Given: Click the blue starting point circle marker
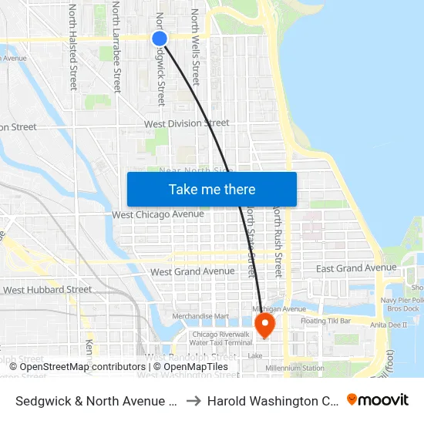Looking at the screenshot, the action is [x=160, y=39].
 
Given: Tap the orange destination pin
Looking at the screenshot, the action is [x=264, y=324].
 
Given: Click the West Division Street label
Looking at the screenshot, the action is [x=187, y=123].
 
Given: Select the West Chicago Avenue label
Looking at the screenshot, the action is [x=158, y=214].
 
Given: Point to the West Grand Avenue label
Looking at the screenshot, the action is [x=192, y=271].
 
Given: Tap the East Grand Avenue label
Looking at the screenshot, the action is [x=356, y=268].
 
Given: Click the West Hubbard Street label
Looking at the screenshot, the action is [x=48, y=290].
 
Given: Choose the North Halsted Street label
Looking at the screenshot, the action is [x=73, y=46].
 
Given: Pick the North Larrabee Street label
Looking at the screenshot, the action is [x=116, y=46].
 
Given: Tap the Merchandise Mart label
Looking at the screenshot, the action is [x=200, y=316].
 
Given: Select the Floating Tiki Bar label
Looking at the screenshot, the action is [x=325, y=320].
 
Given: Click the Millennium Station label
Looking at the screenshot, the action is [x=294, y=368].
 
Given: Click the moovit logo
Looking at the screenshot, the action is [x=377, y=400].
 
